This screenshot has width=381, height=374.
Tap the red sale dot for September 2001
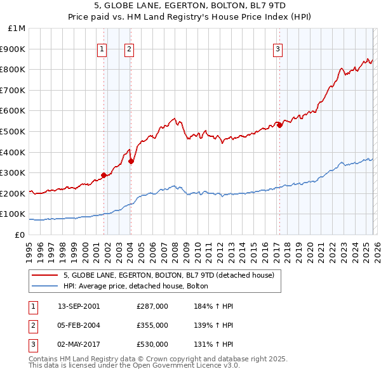(104, 176)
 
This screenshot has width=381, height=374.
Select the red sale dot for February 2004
(131, 162)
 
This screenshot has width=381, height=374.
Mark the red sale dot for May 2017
(279, 126)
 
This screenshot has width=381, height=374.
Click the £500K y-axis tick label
(14, 131)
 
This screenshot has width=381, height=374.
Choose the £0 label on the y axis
(20, 235)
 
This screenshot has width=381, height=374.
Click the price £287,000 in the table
(152, 306)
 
